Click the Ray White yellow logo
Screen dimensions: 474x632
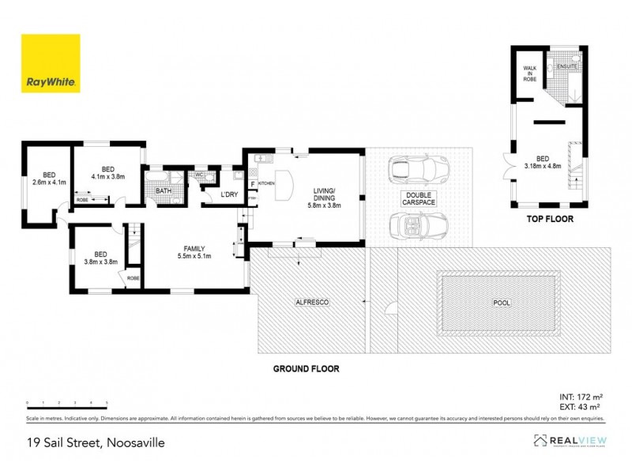tap(51, 63)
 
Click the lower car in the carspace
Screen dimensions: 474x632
tap(419, 227)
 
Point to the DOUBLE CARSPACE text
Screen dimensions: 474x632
tap(417, 198)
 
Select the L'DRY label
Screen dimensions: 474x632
tap(229, 194)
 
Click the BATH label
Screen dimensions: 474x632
tap(164, 191)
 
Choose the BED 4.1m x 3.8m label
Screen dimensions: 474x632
tap(108, 173)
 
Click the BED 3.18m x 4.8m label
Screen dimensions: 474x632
tap(542, 162)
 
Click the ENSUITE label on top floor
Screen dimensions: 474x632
tap(567, 66)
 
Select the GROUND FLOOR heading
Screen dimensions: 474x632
tap(306, 368)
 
